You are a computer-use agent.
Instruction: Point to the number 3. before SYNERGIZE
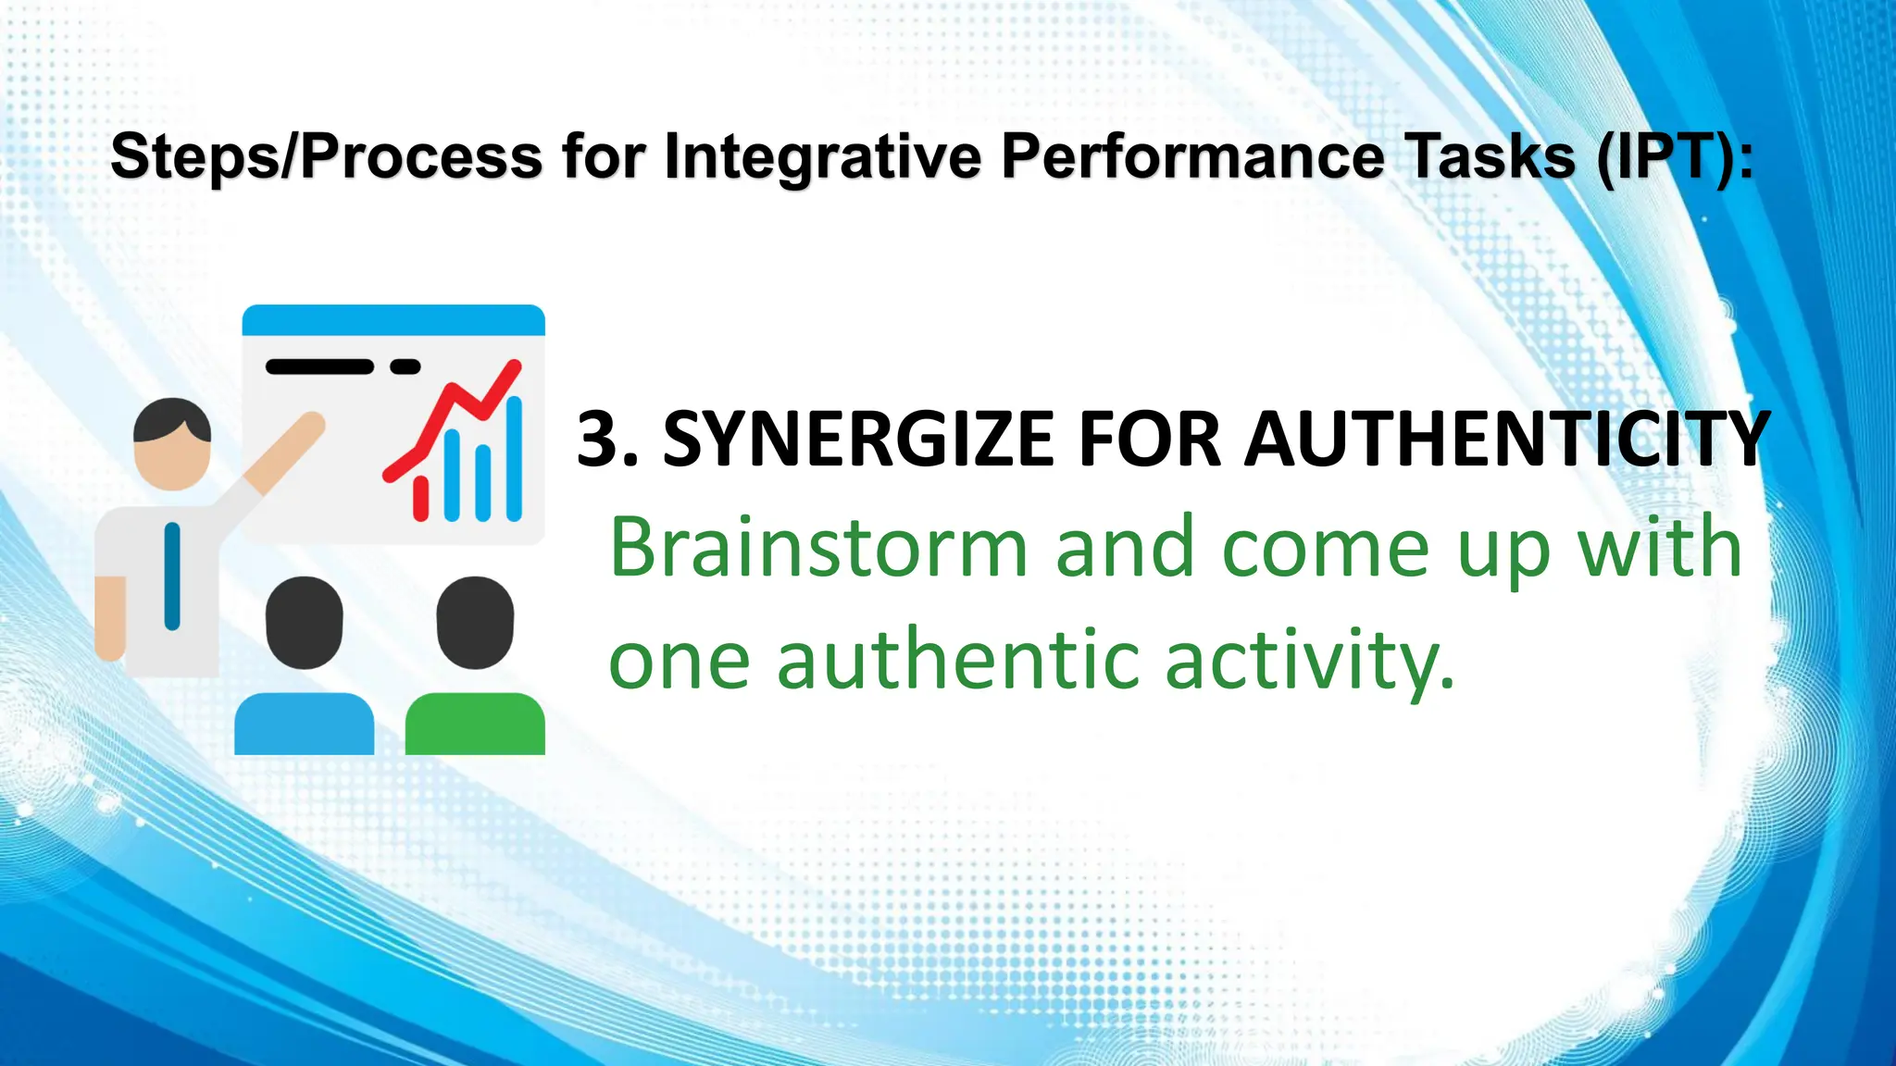tap(607, 439)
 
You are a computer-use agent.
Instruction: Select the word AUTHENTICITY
tap(1507, 439)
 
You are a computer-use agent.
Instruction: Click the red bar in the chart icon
tap(421, 498)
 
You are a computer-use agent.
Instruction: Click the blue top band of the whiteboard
tap(393, 320)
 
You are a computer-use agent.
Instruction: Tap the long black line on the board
tap(319, 366)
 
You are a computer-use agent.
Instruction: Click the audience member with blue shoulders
tap(304, 666)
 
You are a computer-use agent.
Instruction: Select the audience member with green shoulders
tap(475, 666)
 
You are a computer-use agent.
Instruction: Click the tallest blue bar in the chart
tap(514, 458)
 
